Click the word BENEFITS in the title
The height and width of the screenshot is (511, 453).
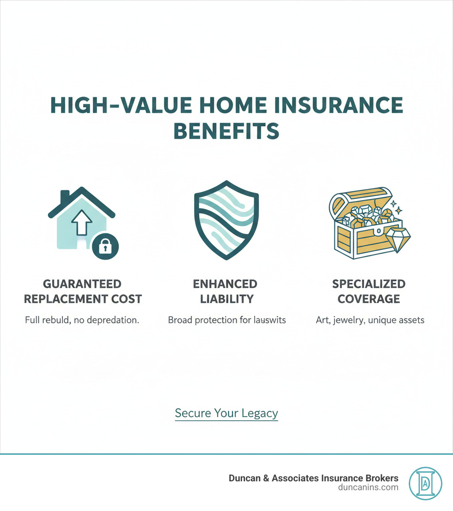pos(226,131)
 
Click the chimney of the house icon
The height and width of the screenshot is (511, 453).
pos(65,195)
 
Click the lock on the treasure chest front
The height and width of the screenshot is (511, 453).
pos(379,231)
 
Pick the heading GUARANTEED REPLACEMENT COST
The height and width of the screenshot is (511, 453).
pos(83,291)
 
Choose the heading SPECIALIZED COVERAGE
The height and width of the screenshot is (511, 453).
pos(369,291)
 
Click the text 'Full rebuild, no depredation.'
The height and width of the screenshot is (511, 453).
pos(82,319)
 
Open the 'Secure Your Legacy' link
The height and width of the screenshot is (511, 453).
pos(226,413)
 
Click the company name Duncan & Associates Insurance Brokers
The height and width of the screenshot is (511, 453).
pos(313,478)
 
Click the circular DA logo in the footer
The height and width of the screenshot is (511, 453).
pos(426,483)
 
